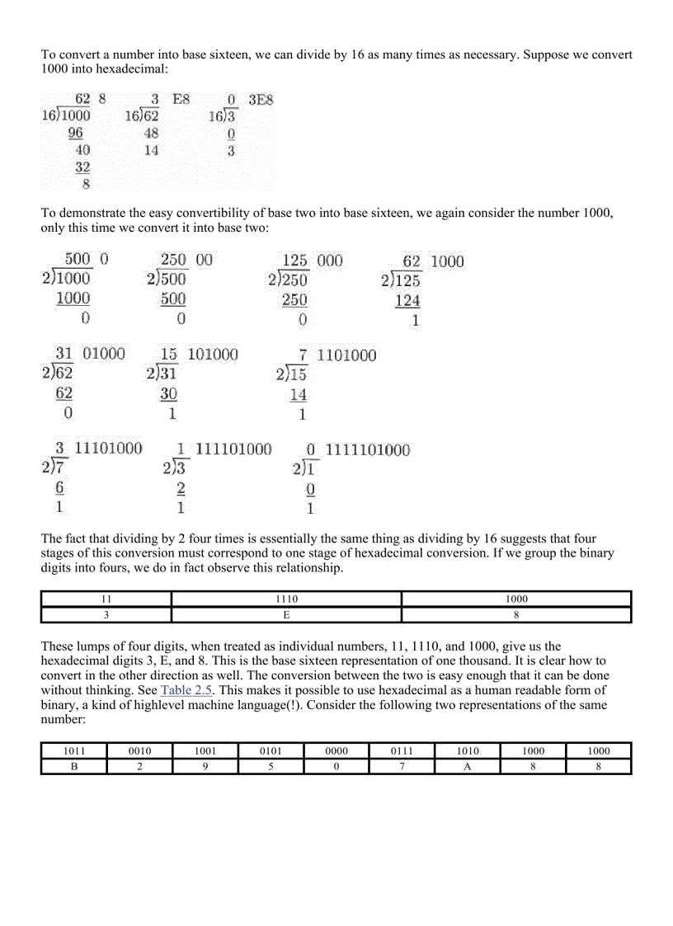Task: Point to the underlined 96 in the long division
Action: coord(76,133)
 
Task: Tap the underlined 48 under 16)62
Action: coord(151,133)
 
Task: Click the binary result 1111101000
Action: coord(367,449)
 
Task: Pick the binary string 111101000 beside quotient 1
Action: coord(233,449)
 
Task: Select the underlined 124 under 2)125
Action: coord(407,301)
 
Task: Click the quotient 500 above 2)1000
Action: coord(78,260)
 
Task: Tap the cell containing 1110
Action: coord(286,599)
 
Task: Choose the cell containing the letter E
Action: coord(286,614)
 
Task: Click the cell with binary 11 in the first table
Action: coord(106,599)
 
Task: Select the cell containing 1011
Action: coord(73,751)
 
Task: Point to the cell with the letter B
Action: coord(73,766)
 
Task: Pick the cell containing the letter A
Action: coord(468,766)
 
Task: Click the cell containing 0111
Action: coord(402,751)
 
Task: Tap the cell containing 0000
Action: coord(336,751)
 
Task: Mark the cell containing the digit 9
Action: coord(205,766)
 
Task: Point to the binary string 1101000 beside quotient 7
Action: coord(346,355)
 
